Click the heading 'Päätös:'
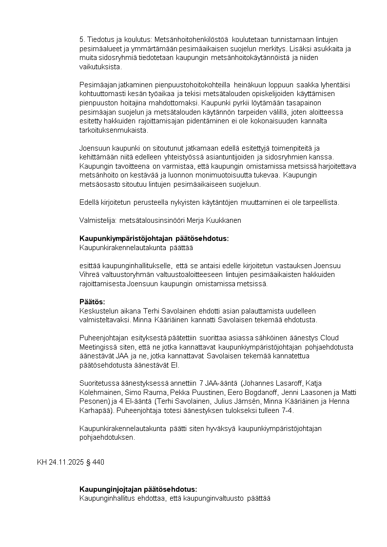pyautogui.click(x=92, y=302)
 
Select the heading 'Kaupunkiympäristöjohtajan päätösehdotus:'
pyautogui.click(x=154, y=238)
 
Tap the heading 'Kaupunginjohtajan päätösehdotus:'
pyautogui.click(x=138, y=489)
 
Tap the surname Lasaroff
pyautogui.click(x=282, y=383)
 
